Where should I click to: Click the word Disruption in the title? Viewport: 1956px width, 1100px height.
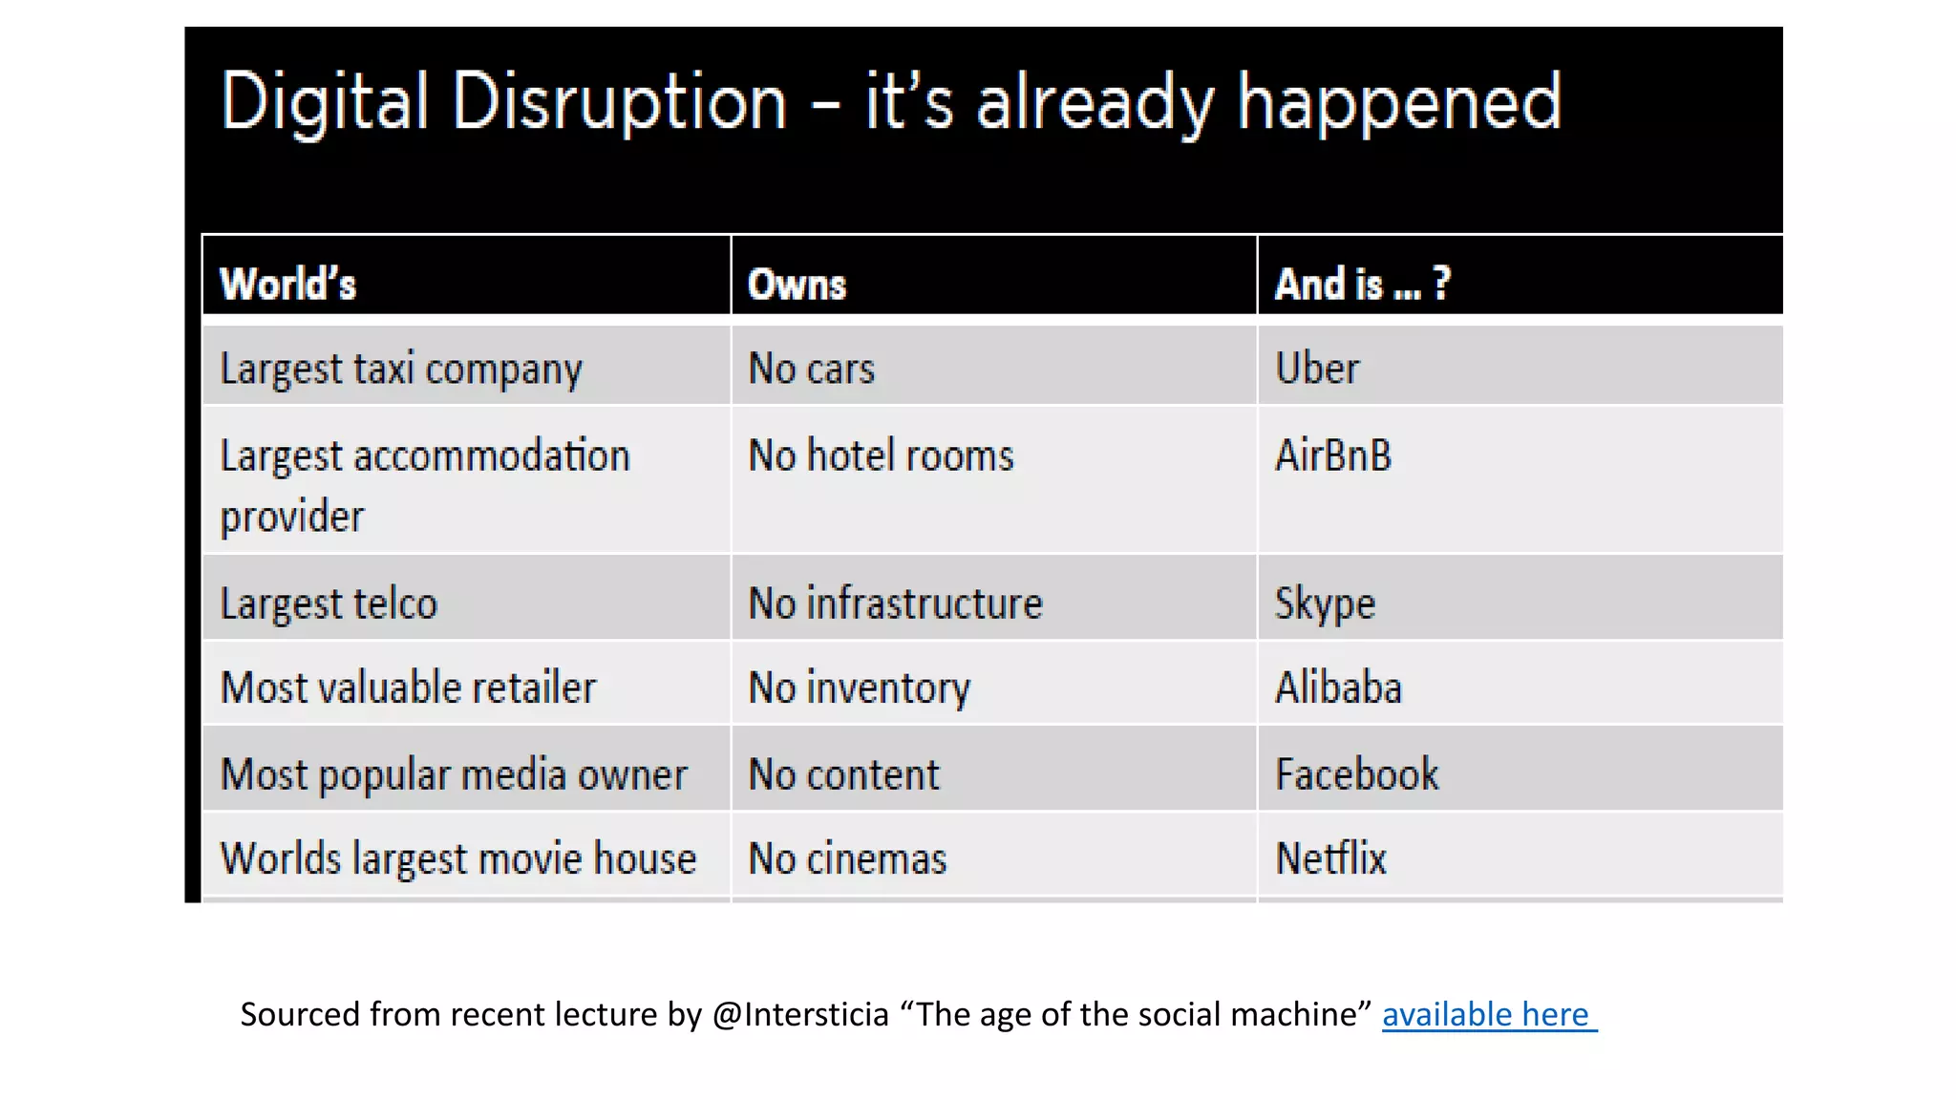[619, 102]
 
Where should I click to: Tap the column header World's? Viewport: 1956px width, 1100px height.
[287, 285]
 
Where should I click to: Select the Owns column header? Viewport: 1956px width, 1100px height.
[797, 285]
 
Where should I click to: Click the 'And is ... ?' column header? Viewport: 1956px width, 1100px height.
[1362, 285]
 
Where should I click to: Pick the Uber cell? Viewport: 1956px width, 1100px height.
[1317, 369]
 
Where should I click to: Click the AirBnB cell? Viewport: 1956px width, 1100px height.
[1333, 455]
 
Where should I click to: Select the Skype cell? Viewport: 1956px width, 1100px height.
[1325, 603]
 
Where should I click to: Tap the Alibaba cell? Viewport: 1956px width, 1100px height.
[1338, 687]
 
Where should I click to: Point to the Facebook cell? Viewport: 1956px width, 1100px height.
[1356, 774]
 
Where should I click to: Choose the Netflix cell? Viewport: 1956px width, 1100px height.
[1330, 858]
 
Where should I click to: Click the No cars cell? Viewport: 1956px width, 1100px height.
[811, 369]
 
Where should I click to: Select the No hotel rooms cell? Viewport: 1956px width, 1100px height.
[881, 455]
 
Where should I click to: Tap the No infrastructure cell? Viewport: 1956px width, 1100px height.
[895, 603]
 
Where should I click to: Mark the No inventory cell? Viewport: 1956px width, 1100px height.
[859, 687]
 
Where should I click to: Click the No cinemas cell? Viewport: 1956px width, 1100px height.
[847, 858]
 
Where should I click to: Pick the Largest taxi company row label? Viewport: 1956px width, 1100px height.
[401, 370]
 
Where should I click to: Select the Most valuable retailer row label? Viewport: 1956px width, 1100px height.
[408, 687]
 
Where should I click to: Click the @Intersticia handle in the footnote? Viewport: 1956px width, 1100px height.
[800, 1014]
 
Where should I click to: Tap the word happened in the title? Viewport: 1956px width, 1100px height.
[1399, 102]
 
